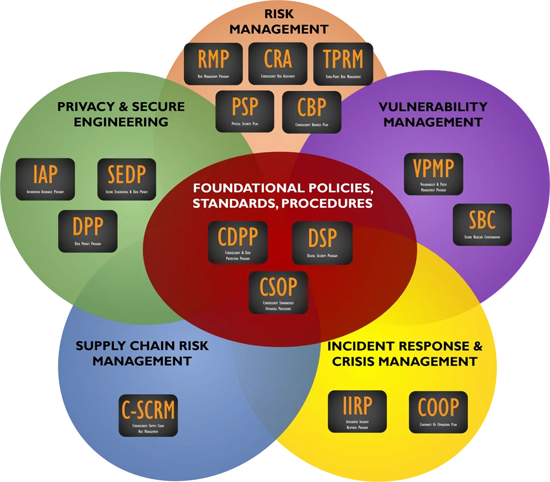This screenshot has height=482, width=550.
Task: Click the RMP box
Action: click(x=214, y=63)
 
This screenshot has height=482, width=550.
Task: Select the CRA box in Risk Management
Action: click(x=278, y=63)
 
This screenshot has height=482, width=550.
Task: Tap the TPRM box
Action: click(x=343, y=63)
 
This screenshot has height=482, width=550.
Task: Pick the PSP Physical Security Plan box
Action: click(x=245, y=112)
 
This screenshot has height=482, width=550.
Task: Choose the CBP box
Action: click(x=311, y=112)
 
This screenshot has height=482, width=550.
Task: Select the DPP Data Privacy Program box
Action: click(x=87, y=231)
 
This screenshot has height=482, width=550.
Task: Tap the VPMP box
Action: click(x=433, y=174)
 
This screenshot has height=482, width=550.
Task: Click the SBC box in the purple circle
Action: click(x=482, y=224)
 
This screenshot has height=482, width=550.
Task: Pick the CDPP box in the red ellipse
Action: click(x=238, y=242)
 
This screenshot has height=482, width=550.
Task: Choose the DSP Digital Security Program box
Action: click(x=322, y=242)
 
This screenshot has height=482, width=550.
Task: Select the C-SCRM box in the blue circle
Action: click(x=148, y=415)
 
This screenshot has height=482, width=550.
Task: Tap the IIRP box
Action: click(x=357, y=411)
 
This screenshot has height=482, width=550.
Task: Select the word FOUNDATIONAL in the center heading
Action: click(x=238, y=188)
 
